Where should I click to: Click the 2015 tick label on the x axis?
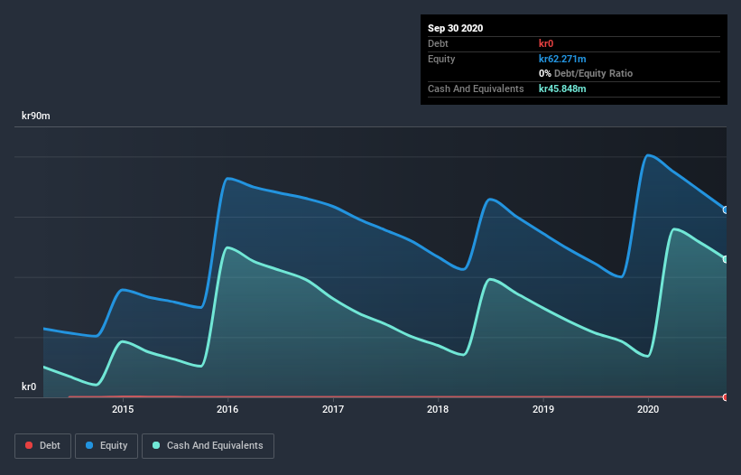tap(123, 409)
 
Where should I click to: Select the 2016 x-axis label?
tap(227, 409)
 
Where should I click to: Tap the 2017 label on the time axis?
tap(333, 409)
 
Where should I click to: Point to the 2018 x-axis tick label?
tap(438, 409)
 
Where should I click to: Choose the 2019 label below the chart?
tap(543, 409)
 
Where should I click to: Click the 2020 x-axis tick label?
tap(648, 409)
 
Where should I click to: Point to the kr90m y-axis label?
tap(36, 116)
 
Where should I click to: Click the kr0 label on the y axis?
tap(29, 387)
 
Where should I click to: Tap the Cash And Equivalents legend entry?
tap(208, 445)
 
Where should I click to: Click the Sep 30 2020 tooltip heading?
tap(455, 28)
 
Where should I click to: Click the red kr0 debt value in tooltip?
tap(547, 43)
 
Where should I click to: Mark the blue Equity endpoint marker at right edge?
tap(726, 210)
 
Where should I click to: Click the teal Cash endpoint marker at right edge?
tap(726, 259)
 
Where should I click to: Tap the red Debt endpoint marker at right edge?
tap(726, 396)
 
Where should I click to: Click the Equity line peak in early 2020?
tap(648, 155)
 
